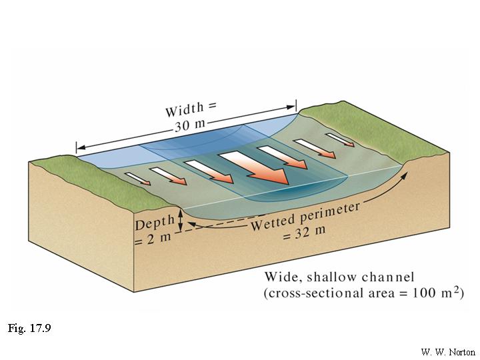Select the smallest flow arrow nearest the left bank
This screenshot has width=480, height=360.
pos(137,179)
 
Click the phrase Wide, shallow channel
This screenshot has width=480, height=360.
pos(339,277)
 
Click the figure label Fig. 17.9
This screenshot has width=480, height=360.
pos(29,329)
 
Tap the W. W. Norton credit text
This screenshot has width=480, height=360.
pos(447,351)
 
